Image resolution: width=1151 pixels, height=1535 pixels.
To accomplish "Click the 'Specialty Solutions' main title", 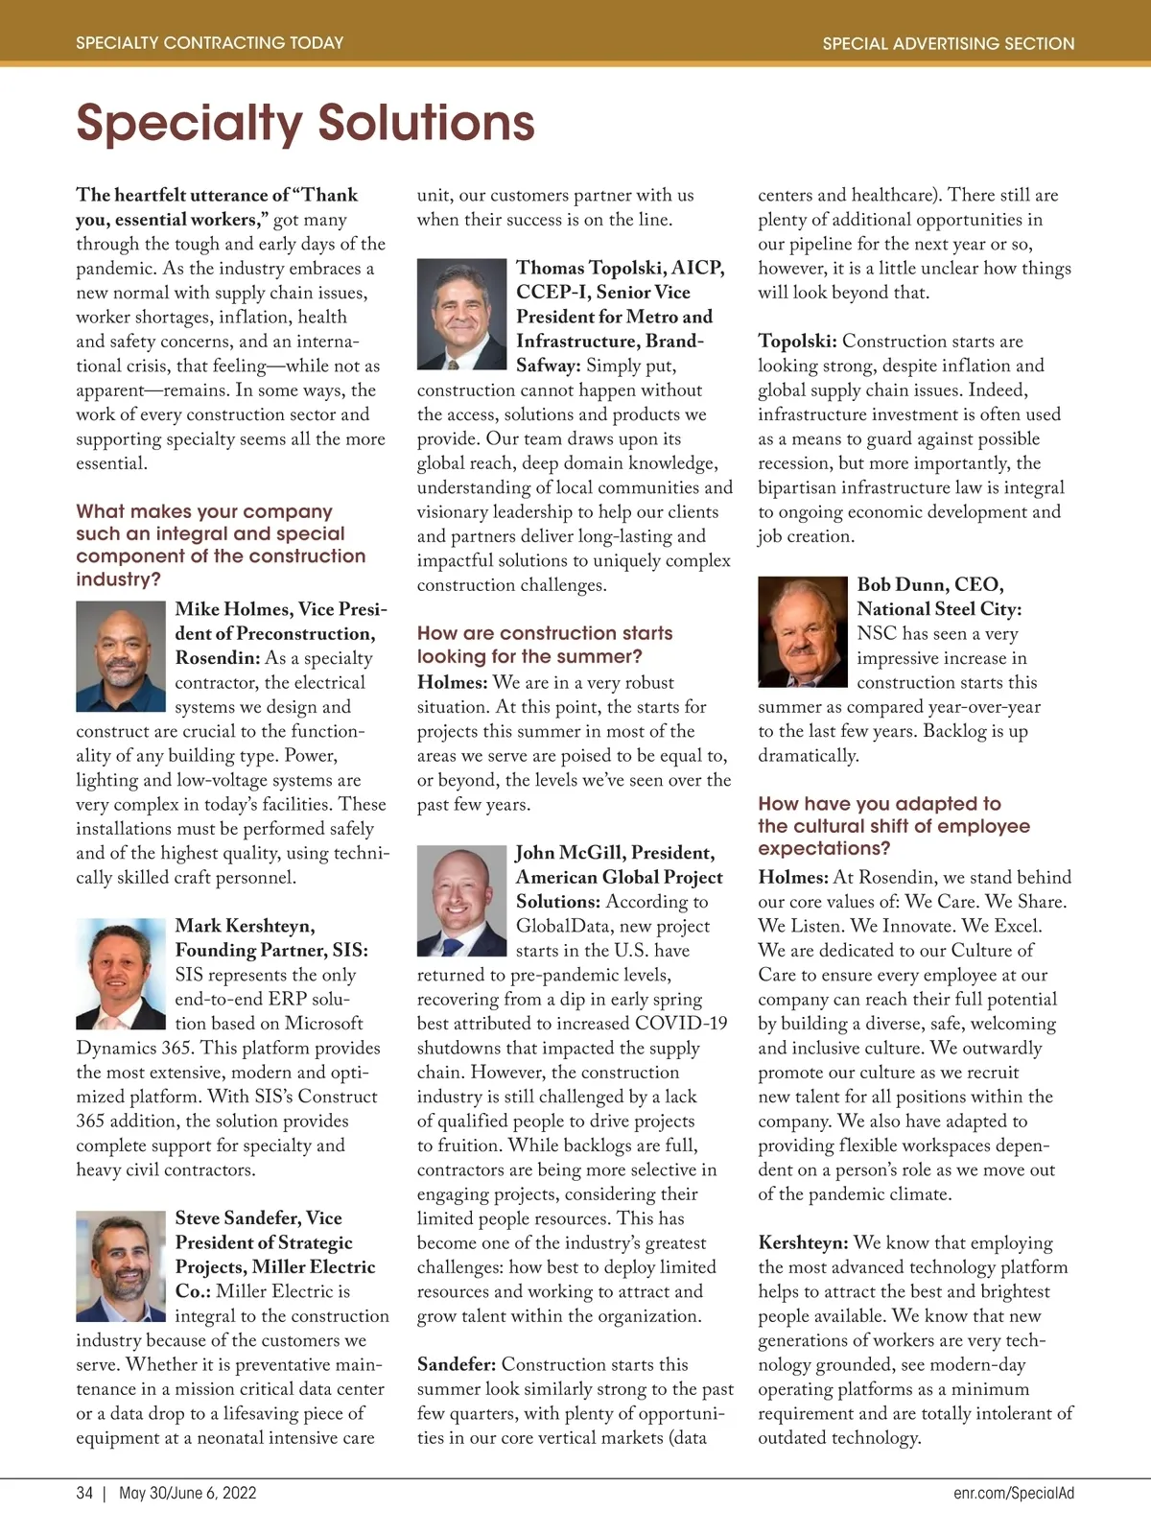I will coord(305,123).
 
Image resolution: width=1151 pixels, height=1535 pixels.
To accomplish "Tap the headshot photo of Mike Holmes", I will coord(121,656).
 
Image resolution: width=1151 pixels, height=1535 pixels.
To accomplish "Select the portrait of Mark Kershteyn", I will coord(121,973).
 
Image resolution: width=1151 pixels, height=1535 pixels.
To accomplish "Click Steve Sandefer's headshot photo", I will coord(121,1266).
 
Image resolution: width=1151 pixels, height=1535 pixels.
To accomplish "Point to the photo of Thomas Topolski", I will coord(461,314).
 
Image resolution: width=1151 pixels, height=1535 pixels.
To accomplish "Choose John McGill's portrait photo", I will coord(461,900).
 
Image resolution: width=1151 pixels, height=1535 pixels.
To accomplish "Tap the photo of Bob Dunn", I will coord(803,631).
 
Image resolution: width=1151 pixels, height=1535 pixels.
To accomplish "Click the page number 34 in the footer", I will coord(84,1493).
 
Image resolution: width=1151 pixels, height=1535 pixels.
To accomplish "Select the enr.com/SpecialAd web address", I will coord(1014,1493).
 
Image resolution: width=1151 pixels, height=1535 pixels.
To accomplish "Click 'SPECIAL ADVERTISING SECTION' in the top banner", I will coord(948,43).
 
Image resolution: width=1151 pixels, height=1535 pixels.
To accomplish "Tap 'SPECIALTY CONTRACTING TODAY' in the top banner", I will coord(209,43).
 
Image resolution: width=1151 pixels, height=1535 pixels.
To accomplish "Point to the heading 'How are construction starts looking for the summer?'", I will coord(544,645).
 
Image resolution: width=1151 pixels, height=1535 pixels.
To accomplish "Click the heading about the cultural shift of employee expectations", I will coord(893,826).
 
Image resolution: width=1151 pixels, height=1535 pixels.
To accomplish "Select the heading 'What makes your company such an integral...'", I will coord(220,545).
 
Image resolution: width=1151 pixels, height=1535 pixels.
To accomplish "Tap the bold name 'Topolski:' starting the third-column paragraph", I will coord(797,342).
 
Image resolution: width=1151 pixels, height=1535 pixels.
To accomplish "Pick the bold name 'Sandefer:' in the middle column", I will coord(457,1364).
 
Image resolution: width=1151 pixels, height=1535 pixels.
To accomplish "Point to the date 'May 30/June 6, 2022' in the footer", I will coord(188,1493).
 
